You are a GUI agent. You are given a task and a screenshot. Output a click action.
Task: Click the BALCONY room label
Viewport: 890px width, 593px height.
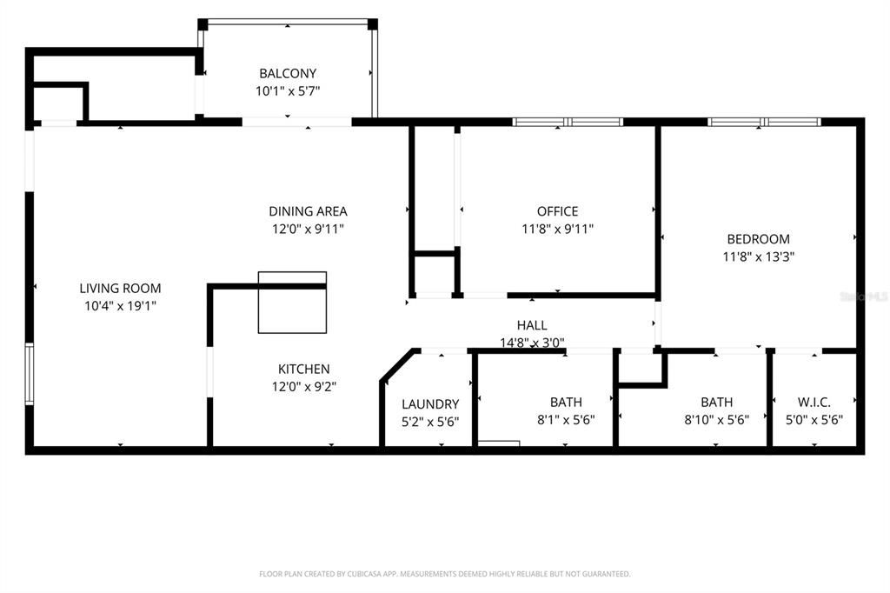point(288,74)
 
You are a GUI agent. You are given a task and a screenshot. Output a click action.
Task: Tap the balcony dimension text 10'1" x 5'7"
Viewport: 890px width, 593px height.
point(288,90)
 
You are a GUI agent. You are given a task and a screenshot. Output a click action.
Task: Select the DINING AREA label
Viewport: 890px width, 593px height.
point(308,211)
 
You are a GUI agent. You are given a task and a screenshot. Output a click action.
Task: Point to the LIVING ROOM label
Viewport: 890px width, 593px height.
point(120,289)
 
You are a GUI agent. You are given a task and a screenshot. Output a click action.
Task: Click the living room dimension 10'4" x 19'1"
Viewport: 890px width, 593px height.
point(120,305)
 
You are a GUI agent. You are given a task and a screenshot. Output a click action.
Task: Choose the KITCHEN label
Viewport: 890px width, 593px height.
point(303,370)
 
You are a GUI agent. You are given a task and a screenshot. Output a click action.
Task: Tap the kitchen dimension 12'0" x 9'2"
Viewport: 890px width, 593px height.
point(303,387)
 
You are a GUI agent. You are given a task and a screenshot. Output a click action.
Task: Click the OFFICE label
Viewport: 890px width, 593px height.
point(557,211)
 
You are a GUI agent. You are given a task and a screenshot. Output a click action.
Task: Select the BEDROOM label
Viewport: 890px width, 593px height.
point(758,239)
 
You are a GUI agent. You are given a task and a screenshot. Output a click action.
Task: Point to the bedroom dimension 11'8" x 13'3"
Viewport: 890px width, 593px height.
point(758,257)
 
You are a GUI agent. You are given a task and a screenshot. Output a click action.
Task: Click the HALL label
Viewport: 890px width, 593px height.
point(532,325)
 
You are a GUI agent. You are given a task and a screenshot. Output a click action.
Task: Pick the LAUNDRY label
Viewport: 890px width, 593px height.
point(430,404)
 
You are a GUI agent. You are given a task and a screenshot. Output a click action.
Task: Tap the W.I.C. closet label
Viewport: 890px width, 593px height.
point(814,403)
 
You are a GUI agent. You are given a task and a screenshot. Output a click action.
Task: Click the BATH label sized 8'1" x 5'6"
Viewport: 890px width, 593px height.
point(566,403)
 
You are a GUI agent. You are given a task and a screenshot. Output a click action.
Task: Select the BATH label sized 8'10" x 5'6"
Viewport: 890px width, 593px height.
point(716,403)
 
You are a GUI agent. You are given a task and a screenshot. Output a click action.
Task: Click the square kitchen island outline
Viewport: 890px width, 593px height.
point(293,303)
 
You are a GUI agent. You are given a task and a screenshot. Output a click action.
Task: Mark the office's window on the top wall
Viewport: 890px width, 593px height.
point(568,123)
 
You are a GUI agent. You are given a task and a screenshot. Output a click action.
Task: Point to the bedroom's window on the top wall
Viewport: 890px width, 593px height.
point(764,123)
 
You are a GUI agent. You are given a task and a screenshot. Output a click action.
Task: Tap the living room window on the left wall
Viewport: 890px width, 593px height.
point(30,374)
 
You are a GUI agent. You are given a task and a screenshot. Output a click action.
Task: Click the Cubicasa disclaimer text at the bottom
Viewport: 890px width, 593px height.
point(444,574)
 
